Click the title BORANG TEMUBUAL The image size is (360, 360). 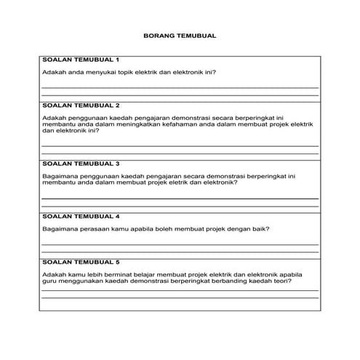[180, 35]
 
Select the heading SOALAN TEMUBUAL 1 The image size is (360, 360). [81, 59]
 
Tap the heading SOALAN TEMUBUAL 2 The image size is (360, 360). [81, 105]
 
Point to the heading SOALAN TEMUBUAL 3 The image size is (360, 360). [81, 164]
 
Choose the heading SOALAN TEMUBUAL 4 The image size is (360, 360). [81, 216]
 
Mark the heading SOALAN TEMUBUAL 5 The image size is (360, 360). [81, 260]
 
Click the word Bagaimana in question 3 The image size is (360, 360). [59, 176]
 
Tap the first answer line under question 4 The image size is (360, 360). [180, 244]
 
